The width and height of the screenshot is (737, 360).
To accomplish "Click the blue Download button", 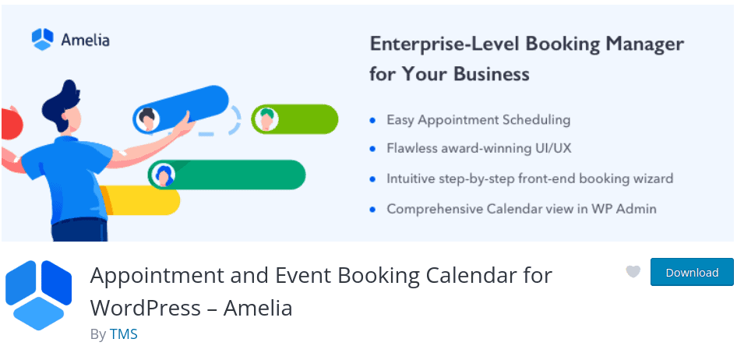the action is [692, 272].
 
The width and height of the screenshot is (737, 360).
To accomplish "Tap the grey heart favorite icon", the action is [633, 272].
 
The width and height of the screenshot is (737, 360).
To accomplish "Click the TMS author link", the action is [124, 334].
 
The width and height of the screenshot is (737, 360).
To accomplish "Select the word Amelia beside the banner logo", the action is [85, 40].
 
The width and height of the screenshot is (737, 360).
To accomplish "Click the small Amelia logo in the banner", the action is [42, 39].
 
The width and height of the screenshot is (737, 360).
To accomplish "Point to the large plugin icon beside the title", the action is [38, 295].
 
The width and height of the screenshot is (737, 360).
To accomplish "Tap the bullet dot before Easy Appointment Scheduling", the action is [372, 120].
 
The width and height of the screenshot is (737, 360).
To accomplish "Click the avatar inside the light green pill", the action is [266, 119].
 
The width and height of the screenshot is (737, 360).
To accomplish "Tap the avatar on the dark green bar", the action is [163, 175].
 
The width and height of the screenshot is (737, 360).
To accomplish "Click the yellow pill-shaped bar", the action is [140, 200].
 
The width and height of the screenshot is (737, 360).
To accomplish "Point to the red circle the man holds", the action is [11, 124].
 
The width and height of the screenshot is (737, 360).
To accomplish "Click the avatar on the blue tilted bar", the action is [147, 119].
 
